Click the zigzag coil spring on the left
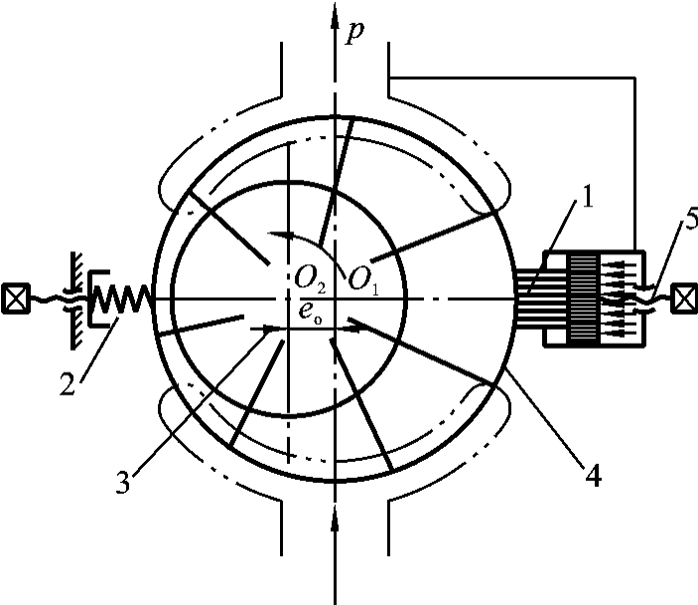click(125, 296)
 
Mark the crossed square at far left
click(14, 297)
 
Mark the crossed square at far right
click(683, 297)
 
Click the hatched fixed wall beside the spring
click(72, 296)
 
